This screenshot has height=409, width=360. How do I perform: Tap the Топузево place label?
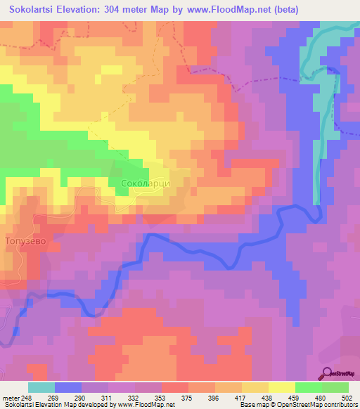[25, 240]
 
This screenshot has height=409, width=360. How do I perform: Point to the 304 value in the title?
[142, 9]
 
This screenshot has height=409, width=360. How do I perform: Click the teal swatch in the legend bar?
[41, 387]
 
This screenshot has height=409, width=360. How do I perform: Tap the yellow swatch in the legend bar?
[281, 387]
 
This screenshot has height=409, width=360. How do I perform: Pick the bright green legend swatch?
[308, 387]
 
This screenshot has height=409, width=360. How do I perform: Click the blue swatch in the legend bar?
[67, 387]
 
